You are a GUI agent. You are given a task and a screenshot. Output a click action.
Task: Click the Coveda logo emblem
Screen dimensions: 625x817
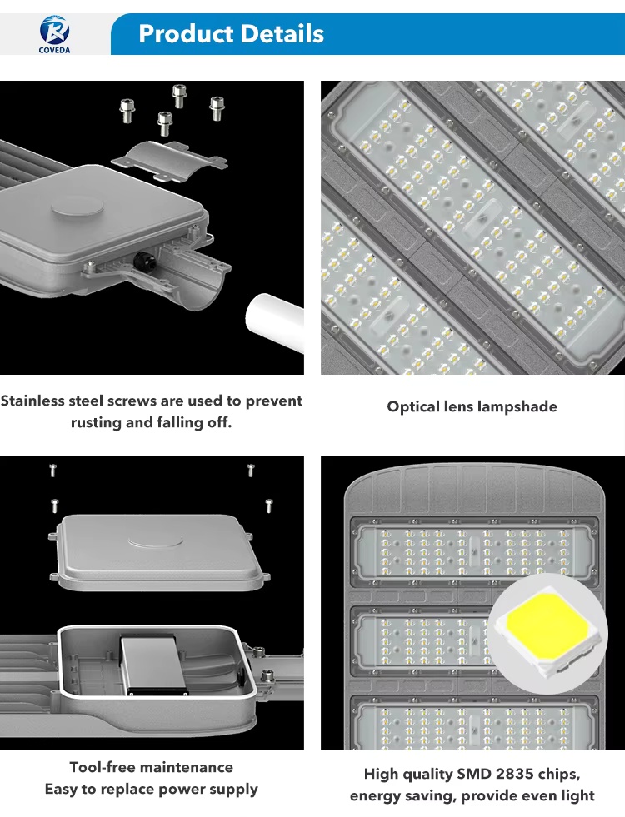[54, 30]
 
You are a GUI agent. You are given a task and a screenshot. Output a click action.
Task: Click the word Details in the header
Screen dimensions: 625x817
[282, 34]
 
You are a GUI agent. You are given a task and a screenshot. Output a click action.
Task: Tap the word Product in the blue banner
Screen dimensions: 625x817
[186, 34]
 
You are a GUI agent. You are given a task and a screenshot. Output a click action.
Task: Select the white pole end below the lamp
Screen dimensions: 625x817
[275, 322]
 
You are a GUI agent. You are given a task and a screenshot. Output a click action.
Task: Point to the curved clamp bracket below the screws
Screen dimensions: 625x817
[169, 161]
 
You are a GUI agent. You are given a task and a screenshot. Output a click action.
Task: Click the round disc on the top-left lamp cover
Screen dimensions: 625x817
[77, 207]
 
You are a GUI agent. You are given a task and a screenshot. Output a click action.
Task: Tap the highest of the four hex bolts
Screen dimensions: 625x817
[179, 96]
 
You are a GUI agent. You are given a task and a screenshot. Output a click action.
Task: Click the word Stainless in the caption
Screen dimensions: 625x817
[33, 401]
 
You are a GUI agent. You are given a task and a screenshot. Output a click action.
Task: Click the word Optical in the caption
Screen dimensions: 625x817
[412, 406]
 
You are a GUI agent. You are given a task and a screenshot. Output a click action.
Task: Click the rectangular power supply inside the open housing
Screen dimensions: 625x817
[154, 664]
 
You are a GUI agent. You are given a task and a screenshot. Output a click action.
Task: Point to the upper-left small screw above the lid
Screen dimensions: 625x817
[52, 470]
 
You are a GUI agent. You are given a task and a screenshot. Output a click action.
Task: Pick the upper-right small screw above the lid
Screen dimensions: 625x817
[251, 470]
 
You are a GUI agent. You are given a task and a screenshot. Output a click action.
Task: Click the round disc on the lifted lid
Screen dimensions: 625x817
[155, 541]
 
